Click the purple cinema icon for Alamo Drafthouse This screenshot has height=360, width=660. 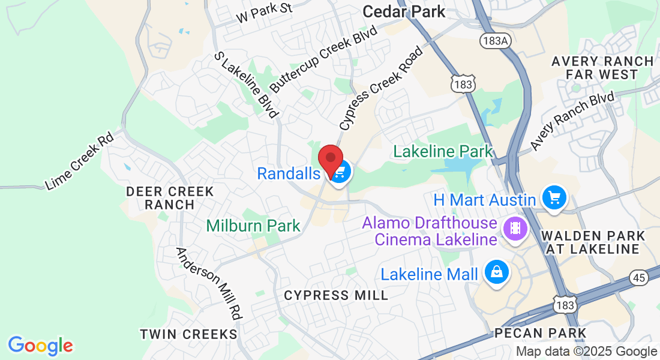(515, 228)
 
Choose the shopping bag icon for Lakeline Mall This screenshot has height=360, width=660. (496, 273)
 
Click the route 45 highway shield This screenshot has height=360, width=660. (640, 277)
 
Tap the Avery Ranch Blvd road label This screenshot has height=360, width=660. (572, 122)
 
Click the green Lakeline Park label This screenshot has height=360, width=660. (443, 151)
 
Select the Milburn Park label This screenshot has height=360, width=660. (253, 226)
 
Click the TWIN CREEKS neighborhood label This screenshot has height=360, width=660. (188, 334)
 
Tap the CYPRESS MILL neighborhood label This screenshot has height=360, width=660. (336, 295)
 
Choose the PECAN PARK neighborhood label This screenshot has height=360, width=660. (540, 332)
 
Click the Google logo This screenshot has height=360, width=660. (40, 346)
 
